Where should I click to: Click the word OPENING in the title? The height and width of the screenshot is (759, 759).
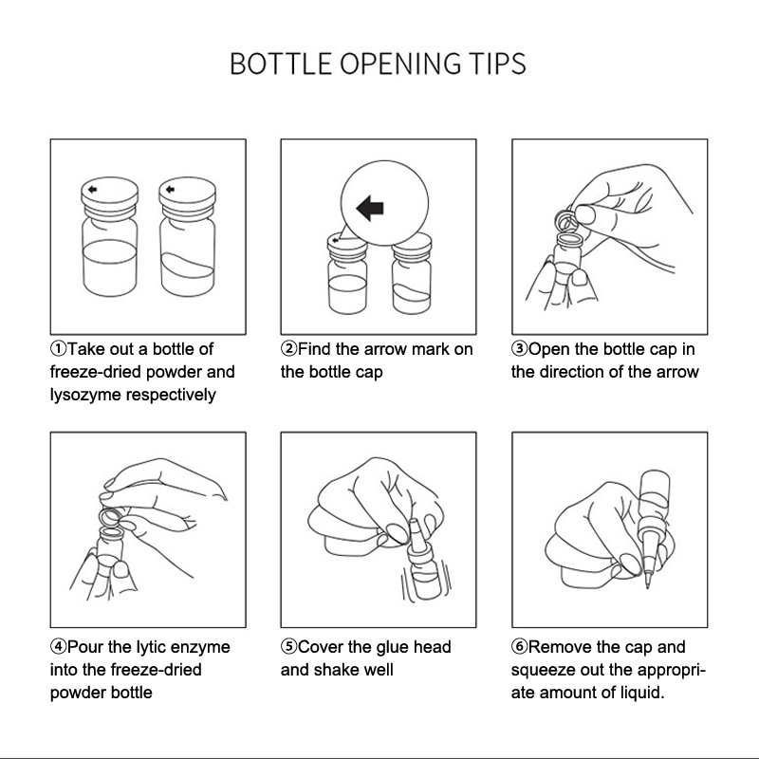400,64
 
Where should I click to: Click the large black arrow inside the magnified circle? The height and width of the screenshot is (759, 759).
370,208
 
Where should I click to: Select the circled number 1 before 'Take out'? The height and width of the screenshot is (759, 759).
58,349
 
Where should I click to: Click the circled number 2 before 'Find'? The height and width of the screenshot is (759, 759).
288,349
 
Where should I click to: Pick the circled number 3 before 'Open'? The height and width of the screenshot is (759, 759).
519,349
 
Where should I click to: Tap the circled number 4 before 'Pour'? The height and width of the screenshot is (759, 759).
58,647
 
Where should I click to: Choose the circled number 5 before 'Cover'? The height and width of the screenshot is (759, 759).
288,647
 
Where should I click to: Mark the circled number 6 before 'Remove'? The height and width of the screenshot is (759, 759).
519,647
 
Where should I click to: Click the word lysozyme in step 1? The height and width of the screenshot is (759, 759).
85,395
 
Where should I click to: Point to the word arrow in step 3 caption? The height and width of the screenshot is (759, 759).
677,372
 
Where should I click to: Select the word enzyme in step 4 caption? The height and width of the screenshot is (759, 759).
200,648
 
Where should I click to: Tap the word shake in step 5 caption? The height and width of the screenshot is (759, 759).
337,670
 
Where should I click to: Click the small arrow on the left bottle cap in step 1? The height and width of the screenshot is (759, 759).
92,189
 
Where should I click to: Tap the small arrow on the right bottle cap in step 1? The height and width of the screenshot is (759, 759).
170,189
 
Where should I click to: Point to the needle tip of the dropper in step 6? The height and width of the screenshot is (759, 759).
648,585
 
